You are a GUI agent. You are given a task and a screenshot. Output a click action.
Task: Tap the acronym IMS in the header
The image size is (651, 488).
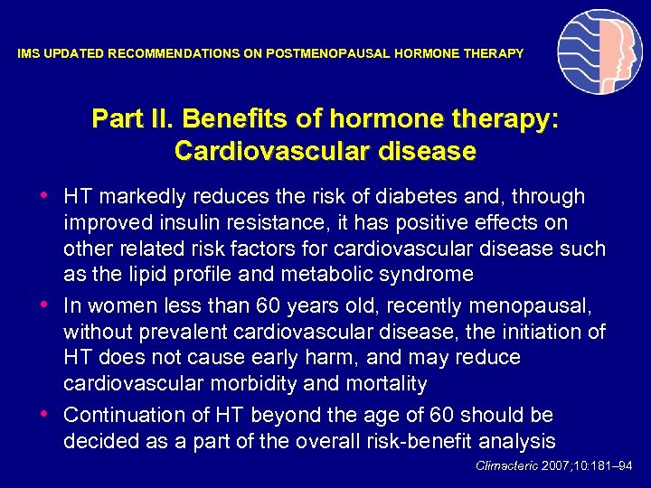click(28, 54)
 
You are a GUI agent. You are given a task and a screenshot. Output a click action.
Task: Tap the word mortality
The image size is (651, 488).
click(380, 384)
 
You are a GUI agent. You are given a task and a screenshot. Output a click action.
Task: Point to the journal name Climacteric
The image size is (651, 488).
click(506, 466)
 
